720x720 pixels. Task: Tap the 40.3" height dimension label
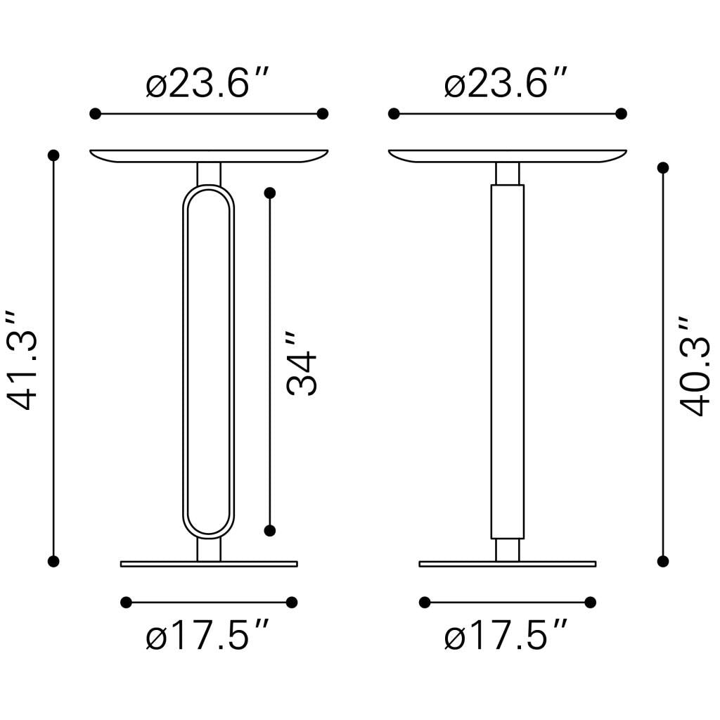pyautogui.click(x=695, y=366)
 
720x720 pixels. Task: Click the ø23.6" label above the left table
pyautogui.click(x=209, y=85)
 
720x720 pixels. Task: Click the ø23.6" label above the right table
pyautogui.click(x=506, y=85)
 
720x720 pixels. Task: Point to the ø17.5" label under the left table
pyautogui.click(x=209, y=638)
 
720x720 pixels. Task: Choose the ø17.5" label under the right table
pyautogui.click(x=506, y=638)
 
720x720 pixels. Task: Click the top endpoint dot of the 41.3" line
pyautogui.click(x=53, y=155)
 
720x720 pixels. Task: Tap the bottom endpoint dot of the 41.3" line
pyautogui.click(x=53, y=560)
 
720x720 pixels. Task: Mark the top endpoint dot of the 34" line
pyautogui.click(x=270, y=192)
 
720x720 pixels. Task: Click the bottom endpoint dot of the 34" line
pyautogui.click(x=270, y=530)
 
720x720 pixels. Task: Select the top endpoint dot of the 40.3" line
pyautogui.click(x=662, y=167)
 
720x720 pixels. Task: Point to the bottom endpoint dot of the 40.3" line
pyautogui.click(x=662, y=560)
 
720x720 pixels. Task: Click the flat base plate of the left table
pyautogui.click(x=209, y=563)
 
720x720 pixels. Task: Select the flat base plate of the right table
pyautogui.click(x=507, y=563)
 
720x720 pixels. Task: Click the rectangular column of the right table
pyautogui.click(x=507, y=361)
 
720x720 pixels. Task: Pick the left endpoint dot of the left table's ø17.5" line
pyautogui.click(x=127, y=602)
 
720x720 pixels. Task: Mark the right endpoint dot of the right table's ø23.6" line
pyautogui.click(x=621, y=114)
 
